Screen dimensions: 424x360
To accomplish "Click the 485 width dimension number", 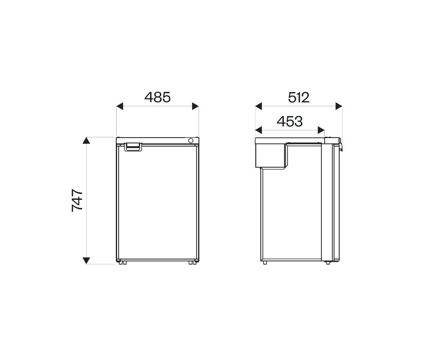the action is click(157, 97).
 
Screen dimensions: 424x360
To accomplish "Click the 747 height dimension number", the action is click(77, 200).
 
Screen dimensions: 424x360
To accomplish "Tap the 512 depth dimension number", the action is click(299, 97).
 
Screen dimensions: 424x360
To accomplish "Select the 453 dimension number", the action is click(289, 121).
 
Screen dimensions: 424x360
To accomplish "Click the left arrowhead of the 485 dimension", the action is click(120, 106).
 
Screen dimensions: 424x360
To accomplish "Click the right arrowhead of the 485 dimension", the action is click(195, 106).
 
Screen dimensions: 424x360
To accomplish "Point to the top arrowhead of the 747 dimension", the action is click(86, 140).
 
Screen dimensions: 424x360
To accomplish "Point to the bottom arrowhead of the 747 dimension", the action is click(86, 260).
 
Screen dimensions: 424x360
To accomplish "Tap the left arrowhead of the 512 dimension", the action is click(258, 106).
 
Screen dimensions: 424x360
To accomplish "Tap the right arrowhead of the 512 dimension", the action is click(338, 106).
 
